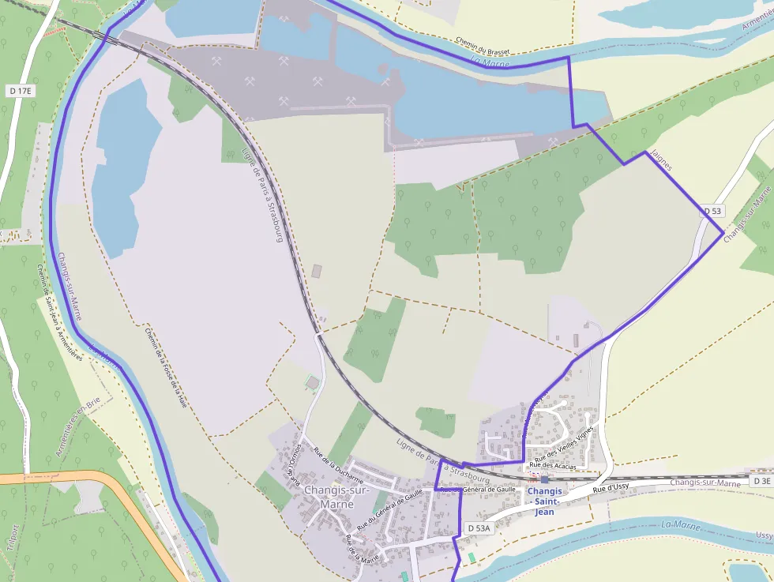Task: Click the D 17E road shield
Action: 21,92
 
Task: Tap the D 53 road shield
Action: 712,211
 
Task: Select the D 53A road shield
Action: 479,528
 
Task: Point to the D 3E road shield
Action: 761,481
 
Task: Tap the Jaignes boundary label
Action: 660,160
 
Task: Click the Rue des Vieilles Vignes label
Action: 563,444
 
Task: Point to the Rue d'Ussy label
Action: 611,488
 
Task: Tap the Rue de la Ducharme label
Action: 339,466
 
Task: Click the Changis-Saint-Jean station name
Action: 545,501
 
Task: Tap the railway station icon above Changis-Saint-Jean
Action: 544,480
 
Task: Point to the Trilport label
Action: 12,541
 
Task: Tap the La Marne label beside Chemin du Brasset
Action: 491,62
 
